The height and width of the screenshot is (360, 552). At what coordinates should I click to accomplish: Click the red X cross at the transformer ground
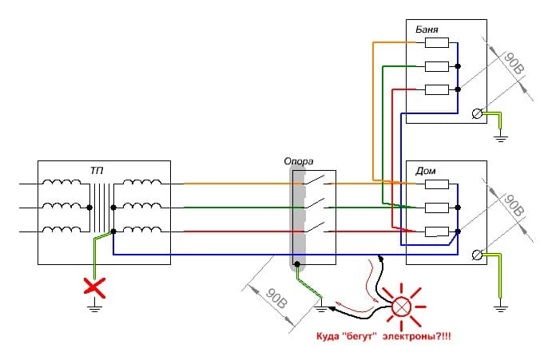coord(95,286)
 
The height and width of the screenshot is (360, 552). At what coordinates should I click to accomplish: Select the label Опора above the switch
coord(301,160)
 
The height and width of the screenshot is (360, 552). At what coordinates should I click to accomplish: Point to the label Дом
coord(425,171)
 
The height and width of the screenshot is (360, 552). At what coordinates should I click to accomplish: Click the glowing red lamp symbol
coord(399,305)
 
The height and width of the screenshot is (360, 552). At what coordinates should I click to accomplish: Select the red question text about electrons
coord(383,338)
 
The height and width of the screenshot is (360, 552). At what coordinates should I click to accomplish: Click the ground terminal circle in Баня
coord(477,114)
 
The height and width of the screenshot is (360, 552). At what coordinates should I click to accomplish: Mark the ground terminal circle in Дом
coord(477,255)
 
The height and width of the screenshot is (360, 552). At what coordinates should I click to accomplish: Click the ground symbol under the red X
coord(95,303)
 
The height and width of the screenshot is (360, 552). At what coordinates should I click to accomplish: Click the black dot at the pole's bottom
coord(297,263)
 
